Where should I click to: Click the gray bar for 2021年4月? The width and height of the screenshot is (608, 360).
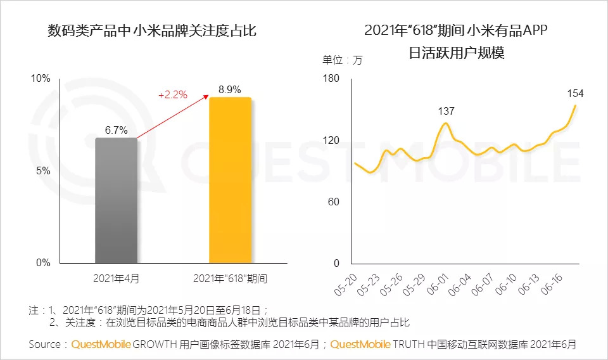pos(117,200)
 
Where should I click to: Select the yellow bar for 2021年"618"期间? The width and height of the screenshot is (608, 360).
pos(231,180)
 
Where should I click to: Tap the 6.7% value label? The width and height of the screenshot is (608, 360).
pos(117,130)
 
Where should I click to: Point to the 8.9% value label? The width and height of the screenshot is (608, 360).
pos(230,90)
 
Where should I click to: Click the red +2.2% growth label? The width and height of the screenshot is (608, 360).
pos(172,95)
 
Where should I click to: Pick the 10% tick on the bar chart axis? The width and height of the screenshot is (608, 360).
pos(41,79)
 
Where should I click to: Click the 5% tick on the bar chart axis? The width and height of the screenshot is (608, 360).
pos(43,170)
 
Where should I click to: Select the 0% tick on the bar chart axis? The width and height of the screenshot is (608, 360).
pos(43,262)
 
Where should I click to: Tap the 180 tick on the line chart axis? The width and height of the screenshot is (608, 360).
pos(332,79)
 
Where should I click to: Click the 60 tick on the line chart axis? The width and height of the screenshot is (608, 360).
pos(334,202)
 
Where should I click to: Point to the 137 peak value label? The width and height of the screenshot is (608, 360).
pos(446,112)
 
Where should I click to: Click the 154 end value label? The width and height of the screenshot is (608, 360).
pos(575,94)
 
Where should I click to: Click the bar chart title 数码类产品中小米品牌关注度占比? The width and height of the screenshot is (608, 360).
pos(152,30)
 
